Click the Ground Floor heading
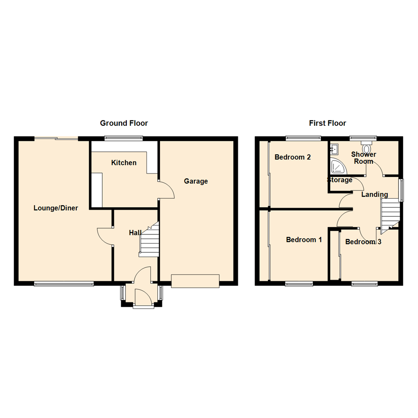[x=124, y=123]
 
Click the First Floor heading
[x=327, y=123]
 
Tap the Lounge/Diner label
[x=56, y=208]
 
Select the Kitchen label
[x=124, y=163]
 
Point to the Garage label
[x=196, y=181]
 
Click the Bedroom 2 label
[x=293, y=157]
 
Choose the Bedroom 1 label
[x=304, y=240]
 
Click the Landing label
[x=375, y=194]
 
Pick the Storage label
[x=340, y=180]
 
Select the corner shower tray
[x=338, y=167]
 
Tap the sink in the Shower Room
[x=334, y=148]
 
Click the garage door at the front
[x=195, y=281]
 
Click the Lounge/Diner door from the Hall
[x=104, y=236]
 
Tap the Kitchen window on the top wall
[x=124, y=138]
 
